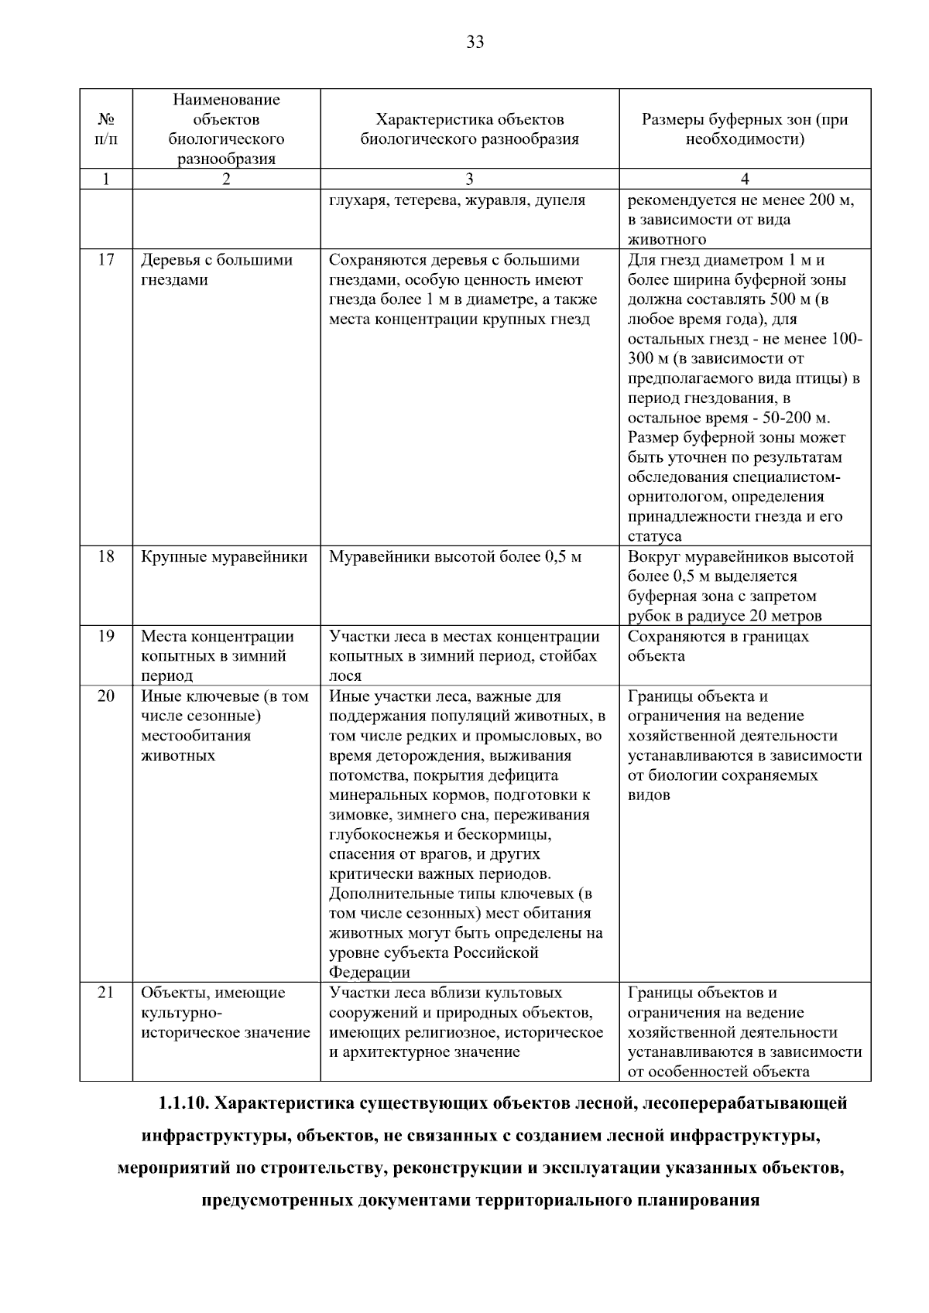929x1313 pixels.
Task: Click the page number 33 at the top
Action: [x=475, y=42]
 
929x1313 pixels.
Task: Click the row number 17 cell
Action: [x=106, y=260]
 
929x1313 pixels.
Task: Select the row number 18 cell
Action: [x=106, y=557]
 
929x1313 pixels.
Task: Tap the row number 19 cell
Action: [x=106, y=636]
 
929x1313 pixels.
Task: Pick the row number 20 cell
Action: [x=106, y=696]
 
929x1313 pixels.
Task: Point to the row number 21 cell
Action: [x=106, y=993]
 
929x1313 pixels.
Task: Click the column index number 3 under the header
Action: [x=469, y=179]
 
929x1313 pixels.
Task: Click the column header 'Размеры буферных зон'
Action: [x=745, y=129]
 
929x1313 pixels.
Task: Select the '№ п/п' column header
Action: [x=106, y=129]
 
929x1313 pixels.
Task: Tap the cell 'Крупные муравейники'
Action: [x=225, y=557]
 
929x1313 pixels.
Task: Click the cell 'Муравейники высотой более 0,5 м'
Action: [x=455, y=557]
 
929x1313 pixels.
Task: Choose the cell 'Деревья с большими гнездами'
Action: [x=217, y=270]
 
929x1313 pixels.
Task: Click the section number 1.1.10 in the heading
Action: [x=183, y=1103]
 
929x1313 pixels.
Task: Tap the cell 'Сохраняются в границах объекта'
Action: [x=718, y=646]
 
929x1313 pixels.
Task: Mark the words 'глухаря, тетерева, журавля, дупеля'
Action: [x=457, y=200]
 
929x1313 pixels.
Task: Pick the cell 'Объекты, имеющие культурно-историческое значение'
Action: [x=225, y=1013]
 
